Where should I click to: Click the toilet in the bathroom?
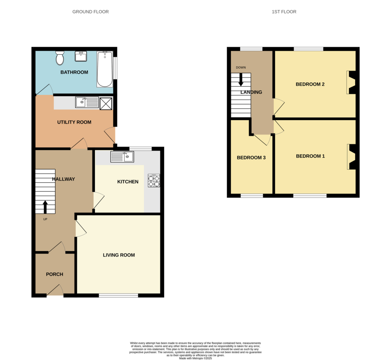(60, 58)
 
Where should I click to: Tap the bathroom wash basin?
(81, 56)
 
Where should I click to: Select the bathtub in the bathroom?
(105, 69)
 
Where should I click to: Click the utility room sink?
(87, 102)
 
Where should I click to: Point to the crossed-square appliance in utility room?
(106, 103)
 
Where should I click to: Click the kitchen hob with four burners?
(154, 181)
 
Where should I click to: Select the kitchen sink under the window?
(122, 156)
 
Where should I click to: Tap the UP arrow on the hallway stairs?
(45, 207)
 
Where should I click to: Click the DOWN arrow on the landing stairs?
(241, 79)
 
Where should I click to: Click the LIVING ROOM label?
(119, 255)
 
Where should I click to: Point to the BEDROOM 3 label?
(251, 158)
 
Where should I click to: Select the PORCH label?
(55, 274)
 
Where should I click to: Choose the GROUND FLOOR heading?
(90, 12)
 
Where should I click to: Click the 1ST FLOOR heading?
(284, 12)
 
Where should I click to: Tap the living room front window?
(118, 296)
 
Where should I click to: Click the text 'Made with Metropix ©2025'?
(195, 358)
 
